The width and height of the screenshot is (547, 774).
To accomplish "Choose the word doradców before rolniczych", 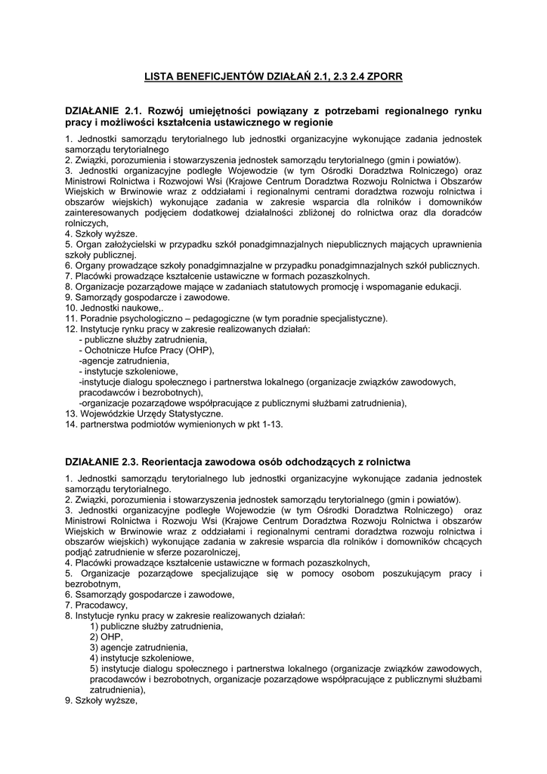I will (x=460, y=212).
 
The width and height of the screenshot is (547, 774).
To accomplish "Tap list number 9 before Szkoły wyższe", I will (x=68, y=701).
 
